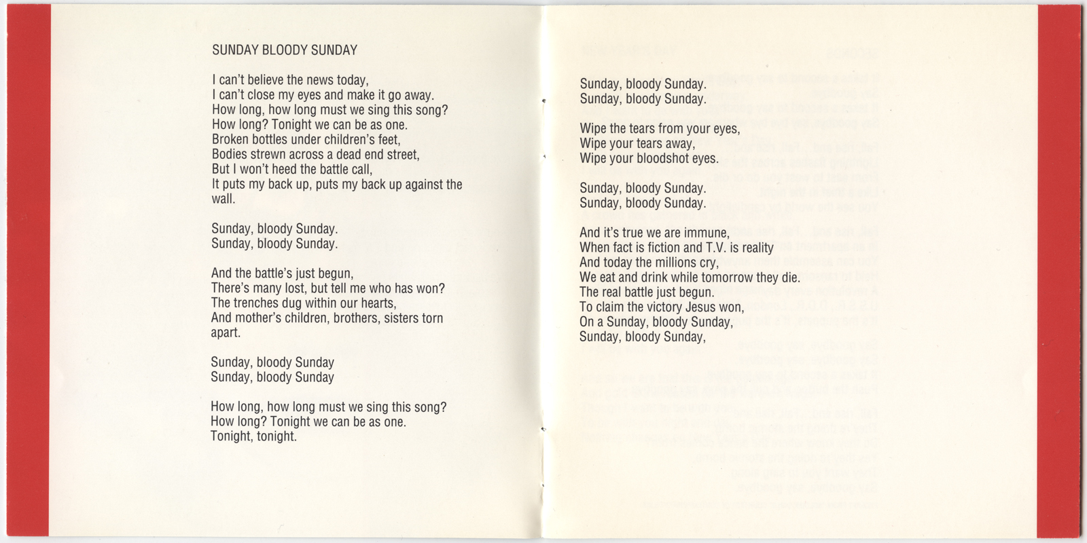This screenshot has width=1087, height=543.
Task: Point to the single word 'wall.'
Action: point(224,200)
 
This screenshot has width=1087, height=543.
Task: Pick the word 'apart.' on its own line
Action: point(226,333)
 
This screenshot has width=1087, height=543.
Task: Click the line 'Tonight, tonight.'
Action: point(253,436)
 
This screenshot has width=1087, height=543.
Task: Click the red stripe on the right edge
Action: point(1062,271)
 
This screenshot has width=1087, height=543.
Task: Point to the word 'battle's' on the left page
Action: point(270,274)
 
